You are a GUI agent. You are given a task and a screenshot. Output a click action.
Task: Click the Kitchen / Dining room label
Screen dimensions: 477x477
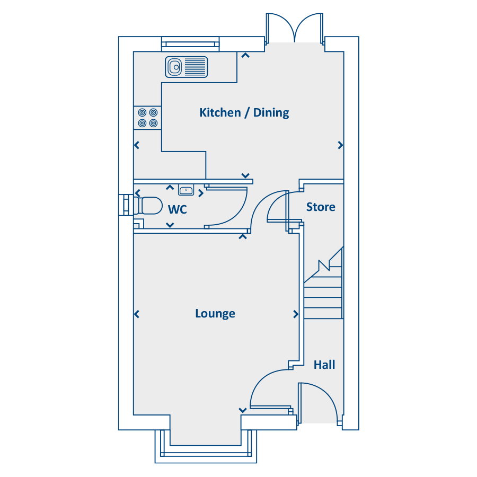pyautogui.click(x=244, y=112)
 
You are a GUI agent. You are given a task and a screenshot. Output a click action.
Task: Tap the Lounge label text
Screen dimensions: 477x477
pyautogui.click(x=215, y=314)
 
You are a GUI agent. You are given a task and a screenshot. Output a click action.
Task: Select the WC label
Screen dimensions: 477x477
pyautogui.click(x=177, y=210)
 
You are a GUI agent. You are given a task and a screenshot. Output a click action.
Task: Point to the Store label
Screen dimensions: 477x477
pyautogui.click(x=321, y=207)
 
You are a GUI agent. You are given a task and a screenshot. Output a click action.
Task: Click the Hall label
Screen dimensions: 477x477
pyautogui.click(x=324, y=365)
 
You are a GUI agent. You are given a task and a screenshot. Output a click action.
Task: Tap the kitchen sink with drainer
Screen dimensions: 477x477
pyautogui.click(x=186, y=67)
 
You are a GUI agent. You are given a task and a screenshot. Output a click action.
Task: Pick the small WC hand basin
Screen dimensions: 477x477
pyautogui.click(x=186, y=191)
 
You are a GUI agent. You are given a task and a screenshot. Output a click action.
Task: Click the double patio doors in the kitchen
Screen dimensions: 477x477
pyautogui.click(x=295, y=29)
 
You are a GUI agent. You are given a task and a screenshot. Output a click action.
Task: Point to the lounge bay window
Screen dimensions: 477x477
pyautogui.click(x=206, y=450)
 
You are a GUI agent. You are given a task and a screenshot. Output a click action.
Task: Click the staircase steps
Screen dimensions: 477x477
pyautogui.click(x=323, y=297)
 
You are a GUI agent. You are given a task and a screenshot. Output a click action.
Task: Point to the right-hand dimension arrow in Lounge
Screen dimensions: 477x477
pyautogui.click(x=296, y=314)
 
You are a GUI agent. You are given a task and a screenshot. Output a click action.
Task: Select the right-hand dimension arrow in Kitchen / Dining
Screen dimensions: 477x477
pyautogui.click(x=340, y=145)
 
